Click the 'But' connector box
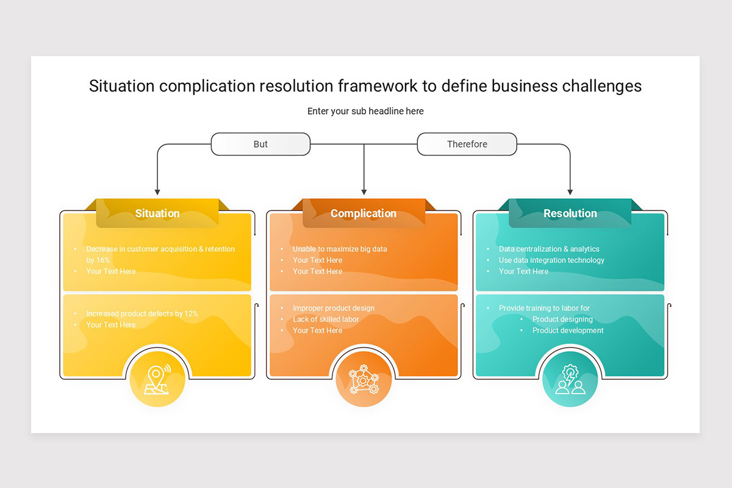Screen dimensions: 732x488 [x=260, y=144]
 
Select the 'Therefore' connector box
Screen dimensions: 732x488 [x=467, y=144]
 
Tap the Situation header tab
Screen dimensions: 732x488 [x=157, y=213]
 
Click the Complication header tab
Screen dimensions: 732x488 [x=364, y=213]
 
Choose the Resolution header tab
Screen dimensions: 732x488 [x=570, y=213]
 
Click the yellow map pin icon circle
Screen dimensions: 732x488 [x=157, y=379]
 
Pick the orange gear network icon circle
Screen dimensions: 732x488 [x=364, y=379]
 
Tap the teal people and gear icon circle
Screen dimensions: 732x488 [x=570, y=379]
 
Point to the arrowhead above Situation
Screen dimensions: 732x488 [x=157, y=192]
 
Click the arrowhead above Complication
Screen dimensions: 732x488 [x=364, y=192]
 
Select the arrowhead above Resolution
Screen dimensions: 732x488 [x=570, y=192]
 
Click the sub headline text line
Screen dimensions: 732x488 [x=365, y=111]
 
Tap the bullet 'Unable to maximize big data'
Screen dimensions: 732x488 [x=340, y=249]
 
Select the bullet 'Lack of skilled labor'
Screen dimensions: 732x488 [x=326, y=320]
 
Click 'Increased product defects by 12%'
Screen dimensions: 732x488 [x=142, y=314]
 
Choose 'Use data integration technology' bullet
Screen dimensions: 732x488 [x=551, y=260]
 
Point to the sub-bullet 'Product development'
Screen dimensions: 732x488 [x=568, y=331]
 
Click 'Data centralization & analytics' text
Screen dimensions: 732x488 [x=549, y=249]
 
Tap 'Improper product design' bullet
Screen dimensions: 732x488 [x=333, y=308]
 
